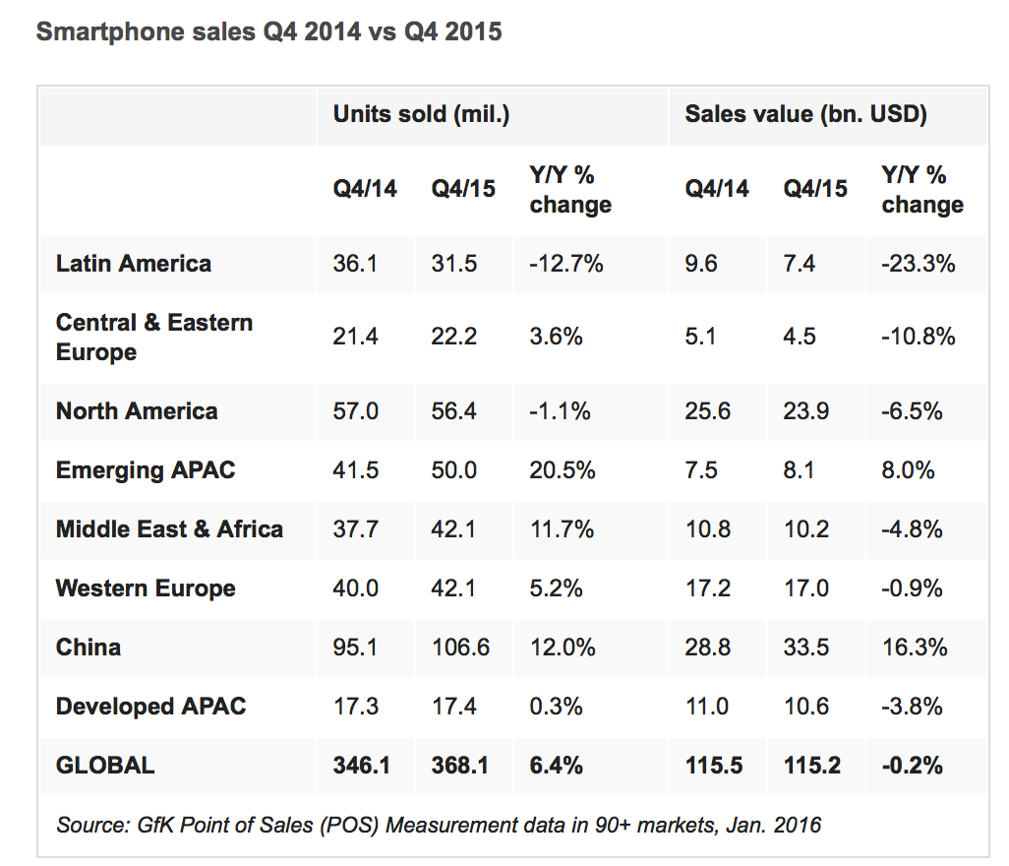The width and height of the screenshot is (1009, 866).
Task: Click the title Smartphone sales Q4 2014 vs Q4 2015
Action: (x=268, y=31)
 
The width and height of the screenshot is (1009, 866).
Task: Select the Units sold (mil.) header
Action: (x=421, y=114)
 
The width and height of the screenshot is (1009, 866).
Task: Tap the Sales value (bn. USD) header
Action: (x=805, y=114)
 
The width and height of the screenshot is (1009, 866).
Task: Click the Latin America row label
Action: (x=134, y=264)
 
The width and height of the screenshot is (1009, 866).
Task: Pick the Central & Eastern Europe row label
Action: (x=154, y=338)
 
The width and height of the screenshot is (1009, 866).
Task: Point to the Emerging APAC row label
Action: (x=146, y=470)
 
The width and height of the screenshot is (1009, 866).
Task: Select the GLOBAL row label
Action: (x=105, y=765)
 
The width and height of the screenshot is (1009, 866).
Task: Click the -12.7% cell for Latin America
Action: (x=565, y=264)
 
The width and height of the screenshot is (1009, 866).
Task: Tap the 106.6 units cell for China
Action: (x=460, y=648)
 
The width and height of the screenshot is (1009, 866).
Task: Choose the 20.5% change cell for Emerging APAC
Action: (x=563, y=470)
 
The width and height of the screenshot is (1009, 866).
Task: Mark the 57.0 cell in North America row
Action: (x=355, y=411)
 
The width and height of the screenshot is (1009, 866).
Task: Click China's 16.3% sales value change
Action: (x=915, y=648)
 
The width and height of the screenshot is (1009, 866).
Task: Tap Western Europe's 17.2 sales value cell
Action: (x=708, y=588)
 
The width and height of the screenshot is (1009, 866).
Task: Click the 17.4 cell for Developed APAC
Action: (x=454, y=707)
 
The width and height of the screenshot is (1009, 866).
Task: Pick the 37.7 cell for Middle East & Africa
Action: (x=355, y=529)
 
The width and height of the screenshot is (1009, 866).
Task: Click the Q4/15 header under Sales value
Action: (x=815, y=189)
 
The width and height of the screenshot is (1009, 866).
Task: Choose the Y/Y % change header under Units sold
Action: (x=570, y=190)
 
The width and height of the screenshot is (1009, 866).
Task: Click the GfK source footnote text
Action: (x=439, y=825)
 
